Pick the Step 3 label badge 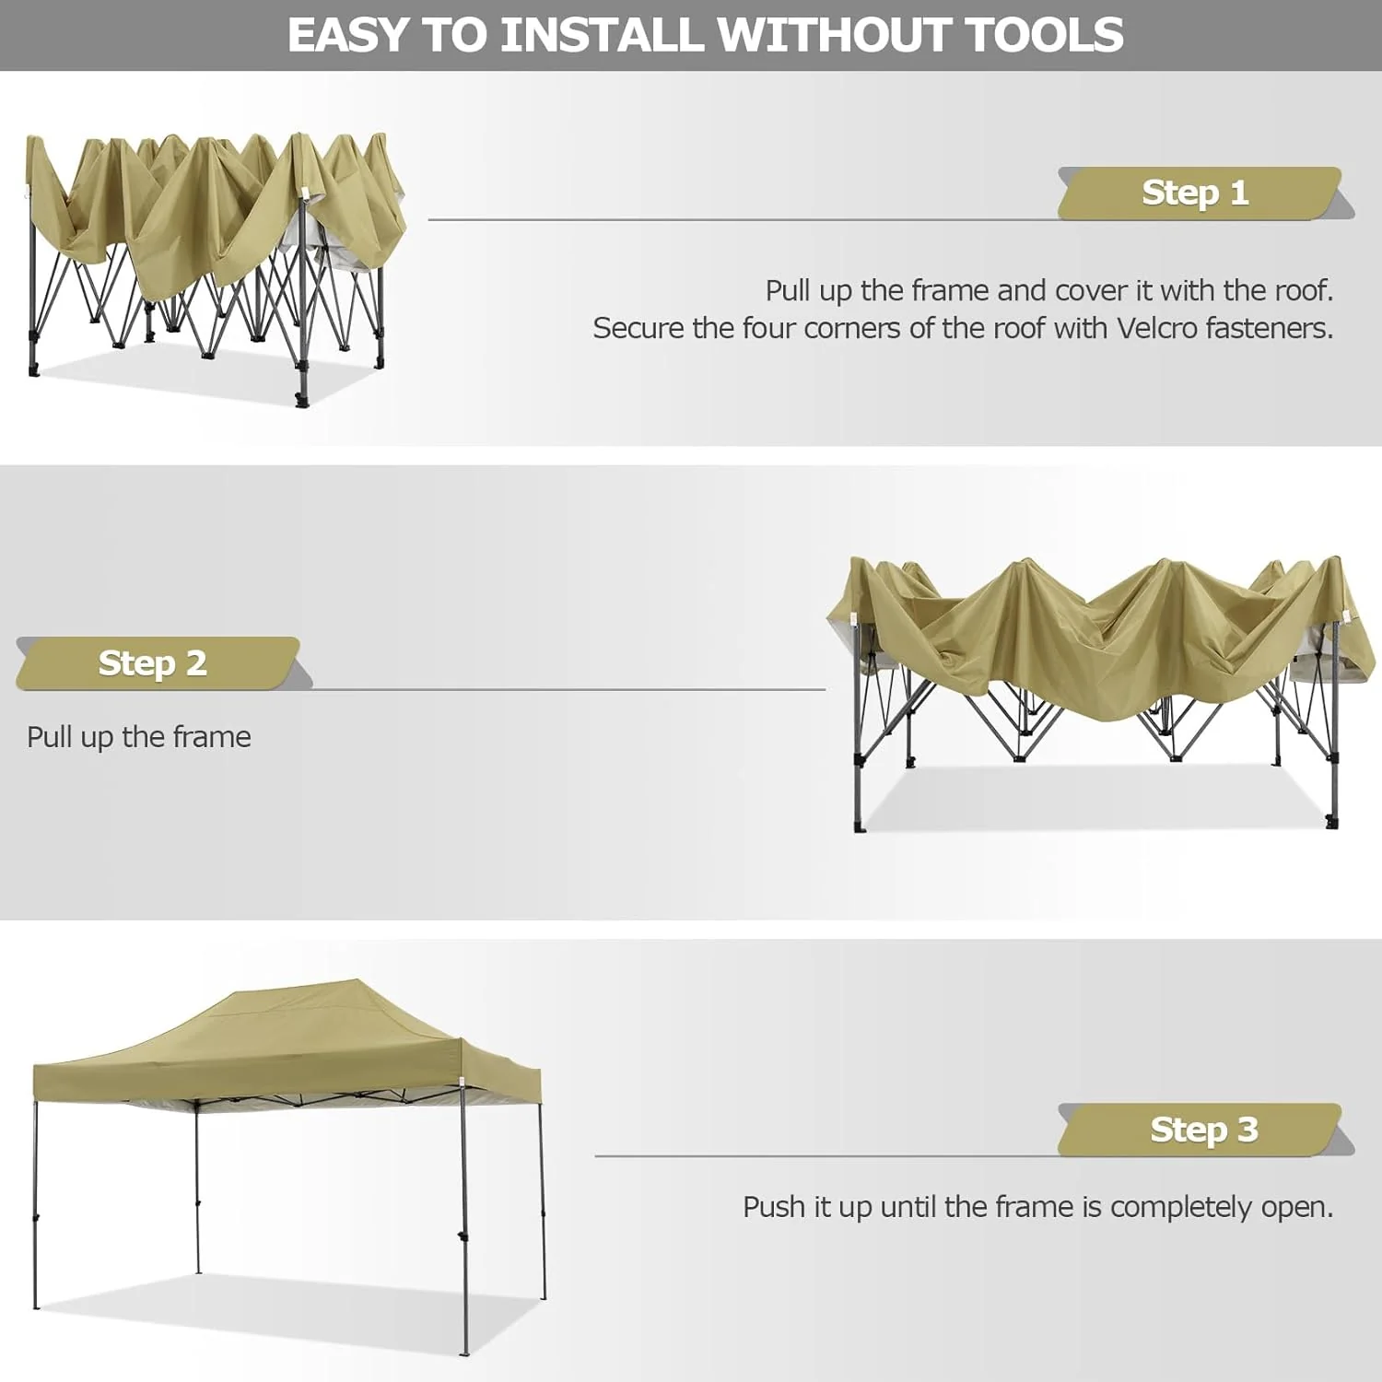pyautogui.click(x=1202, y=1129)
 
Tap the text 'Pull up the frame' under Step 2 pyautogui.click(x=139, y=737)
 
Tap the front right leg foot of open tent pyautogui.click(x=464, y=1351)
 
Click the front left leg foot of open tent pyautogui.click(x=37, y=1304)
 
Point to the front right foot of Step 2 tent pyautogui.click(x=1331, y=823)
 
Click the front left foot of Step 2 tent pyautogui.click(x=860, y=826)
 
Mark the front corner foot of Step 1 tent pyautogui.click(x=301, y=400)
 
